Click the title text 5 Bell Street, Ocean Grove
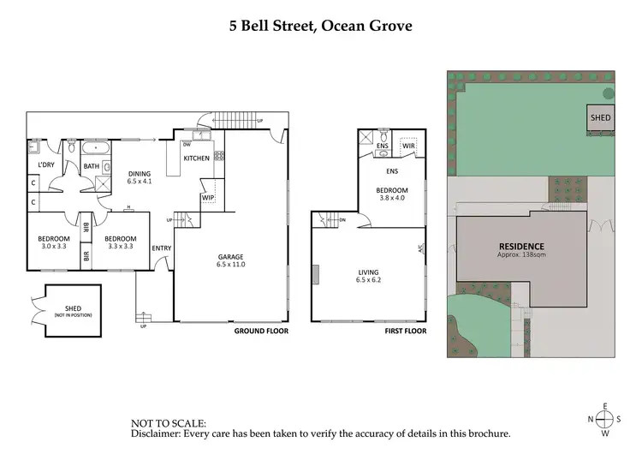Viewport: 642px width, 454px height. pos(320,26)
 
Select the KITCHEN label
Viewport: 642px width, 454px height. pos(196,158)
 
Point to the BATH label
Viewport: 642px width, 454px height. pos(92,166)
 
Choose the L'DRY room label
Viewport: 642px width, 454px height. pos(46,165)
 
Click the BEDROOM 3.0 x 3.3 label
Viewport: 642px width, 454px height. pos(52,243)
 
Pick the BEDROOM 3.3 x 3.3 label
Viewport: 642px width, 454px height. pos(120,243)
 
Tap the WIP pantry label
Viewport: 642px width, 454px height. pos(207,198)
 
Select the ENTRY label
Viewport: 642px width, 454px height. pos(161,248)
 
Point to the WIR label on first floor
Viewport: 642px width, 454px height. pos(408,146)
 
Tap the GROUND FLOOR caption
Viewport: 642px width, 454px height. pos(261,331)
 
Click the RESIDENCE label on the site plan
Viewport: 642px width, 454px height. pos(521,247)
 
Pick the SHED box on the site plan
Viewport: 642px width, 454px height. pos(600,118)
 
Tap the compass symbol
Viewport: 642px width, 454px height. pos(605,419)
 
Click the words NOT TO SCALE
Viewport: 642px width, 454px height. pos(168,423)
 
